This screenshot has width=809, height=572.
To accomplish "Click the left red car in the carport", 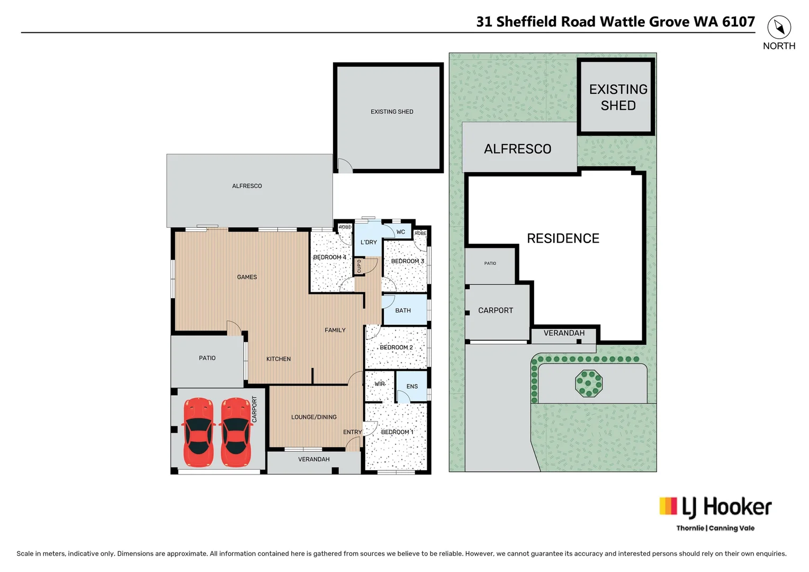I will [198, 432].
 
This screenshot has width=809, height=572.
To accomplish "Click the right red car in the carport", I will [236, 432].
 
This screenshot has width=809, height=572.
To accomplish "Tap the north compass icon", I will [779, 27].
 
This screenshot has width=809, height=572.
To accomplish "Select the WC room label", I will [401, 232].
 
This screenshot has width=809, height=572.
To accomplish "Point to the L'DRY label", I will [368, 243].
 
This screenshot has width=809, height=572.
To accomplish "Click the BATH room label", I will [403, 310].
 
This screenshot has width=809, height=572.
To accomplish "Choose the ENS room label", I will [412, 387].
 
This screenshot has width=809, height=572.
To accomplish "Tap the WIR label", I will [380, 384].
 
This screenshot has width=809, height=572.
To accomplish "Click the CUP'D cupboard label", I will [359, 266].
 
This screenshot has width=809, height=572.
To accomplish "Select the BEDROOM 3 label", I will [407, 261].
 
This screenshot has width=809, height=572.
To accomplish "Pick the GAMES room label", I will [247, 277].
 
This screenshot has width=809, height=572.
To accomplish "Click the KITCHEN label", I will [278, 359].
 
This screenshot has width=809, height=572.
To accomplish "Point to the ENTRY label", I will [352, 432].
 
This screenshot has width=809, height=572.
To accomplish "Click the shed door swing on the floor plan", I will [345, 166].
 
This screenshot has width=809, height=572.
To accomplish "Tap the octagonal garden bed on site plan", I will [589, 383].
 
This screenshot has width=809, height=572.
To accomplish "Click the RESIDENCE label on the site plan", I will [563, 238].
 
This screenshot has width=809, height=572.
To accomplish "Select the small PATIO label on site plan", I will [490, 263].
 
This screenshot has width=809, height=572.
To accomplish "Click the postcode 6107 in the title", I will [738, 22].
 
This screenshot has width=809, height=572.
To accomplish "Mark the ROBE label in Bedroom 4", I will [345, 227].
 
